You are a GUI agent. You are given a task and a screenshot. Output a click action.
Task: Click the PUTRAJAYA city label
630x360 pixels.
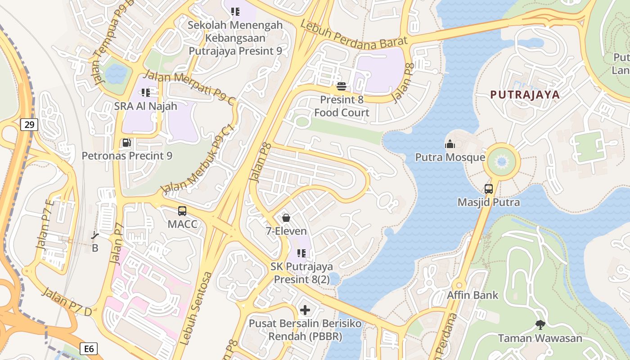tap(525, 95)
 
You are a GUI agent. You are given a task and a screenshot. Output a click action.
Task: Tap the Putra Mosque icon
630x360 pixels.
tap(450, 144)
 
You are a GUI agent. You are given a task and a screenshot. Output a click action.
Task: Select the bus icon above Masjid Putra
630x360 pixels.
tap(489, 189)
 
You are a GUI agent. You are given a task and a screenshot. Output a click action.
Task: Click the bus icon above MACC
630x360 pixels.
tap(182, 211)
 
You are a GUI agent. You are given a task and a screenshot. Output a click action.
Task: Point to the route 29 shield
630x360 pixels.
tap(29, 125)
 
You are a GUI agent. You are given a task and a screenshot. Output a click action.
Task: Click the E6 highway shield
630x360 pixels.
tap(89, 348)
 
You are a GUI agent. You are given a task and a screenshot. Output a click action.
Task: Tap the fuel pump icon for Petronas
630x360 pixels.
tap(127, 143)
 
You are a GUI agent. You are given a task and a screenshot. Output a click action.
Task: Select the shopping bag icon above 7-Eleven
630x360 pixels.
tap(286, 218)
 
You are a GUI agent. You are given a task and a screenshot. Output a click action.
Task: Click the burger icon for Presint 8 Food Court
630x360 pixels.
tap(341, 86)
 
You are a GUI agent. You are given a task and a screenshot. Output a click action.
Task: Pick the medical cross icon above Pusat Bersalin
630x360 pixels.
tap(305, 310)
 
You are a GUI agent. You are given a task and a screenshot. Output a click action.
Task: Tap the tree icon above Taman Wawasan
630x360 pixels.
tap(540, 324)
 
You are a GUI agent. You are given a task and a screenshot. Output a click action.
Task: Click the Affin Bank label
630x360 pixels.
tap(472, 295)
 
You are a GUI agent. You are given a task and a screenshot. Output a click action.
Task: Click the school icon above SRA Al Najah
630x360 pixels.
tap(145, 93)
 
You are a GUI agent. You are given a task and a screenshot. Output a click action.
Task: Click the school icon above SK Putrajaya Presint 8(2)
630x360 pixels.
tap(301, 253)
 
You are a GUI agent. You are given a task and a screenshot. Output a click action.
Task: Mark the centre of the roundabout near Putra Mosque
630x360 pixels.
tap(501, 161)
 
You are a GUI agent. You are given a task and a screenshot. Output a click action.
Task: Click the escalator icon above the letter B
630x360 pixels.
tap(95, 235)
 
